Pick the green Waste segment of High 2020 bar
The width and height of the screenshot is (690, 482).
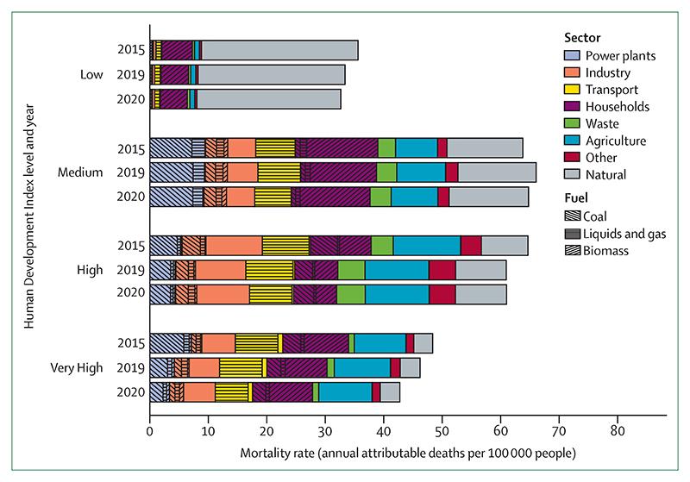[350, 293]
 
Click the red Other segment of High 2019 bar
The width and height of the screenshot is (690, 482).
[442, 270]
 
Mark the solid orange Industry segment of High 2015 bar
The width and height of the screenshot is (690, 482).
[234, 246]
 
